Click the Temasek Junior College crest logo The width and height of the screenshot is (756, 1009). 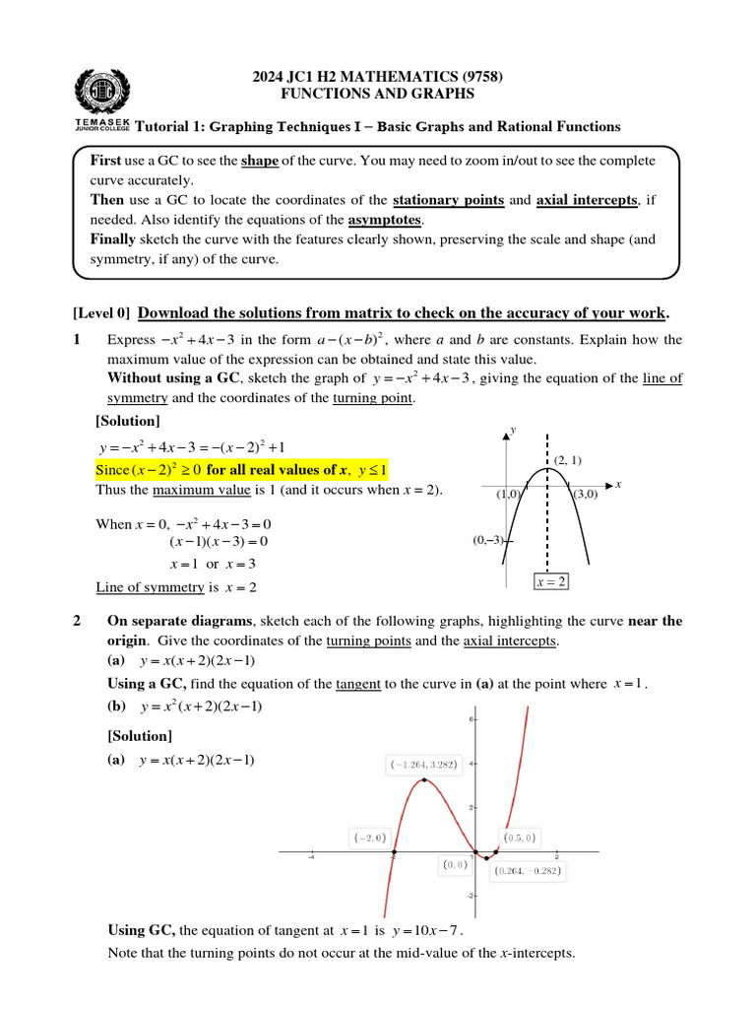pos(101,93)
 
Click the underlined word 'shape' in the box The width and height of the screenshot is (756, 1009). pos(260,160)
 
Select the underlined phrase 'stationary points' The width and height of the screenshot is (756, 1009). pos(449,200)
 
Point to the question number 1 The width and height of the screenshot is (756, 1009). pos(78,340)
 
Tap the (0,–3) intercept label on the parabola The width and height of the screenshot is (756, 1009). pos(489,540)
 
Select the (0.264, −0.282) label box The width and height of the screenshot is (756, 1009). pos(531,871)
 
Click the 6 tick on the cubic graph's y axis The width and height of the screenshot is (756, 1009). pos(472,720)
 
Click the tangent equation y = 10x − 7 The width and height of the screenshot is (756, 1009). pos(426,930)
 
